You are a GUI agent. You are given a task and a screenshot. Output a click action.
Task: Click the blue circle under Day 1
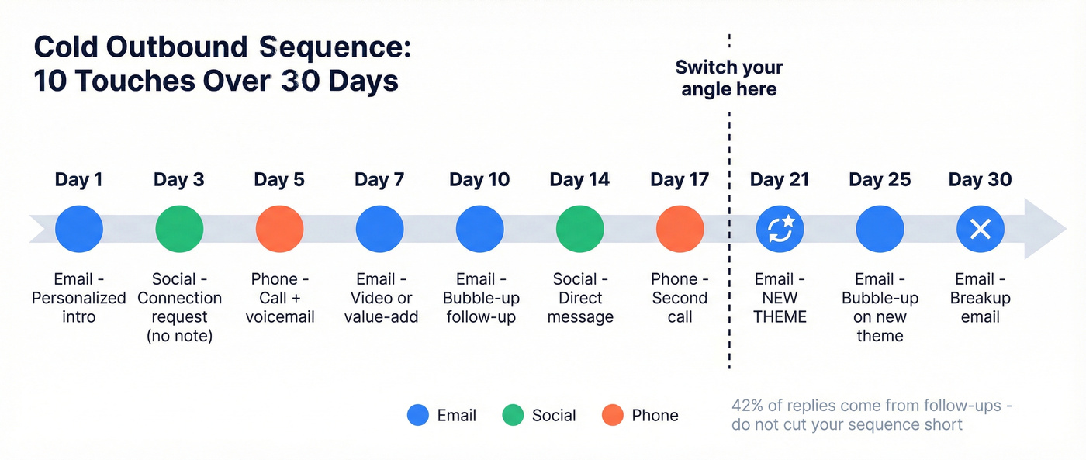79,229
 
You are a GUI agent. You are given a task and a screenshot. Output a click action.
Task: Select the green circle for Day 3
179,229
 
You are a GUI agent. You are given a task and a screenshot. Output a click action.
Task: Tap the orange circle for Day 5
279,229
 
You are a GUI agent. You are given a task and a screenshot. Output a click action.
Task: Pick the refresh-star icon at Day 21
780,229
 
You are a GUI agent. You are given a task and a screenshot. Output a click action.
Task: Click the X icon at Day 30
981,229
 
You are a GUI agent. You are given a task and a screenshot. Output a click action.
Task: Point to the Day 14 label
579,180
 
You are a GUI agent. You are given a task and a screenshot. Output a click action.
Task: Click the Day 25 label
880,180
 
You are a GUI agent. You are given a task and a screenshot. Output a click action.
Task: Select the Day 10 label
479,180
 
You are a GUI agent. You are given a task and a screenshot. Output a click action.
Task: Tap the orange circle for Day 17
680,229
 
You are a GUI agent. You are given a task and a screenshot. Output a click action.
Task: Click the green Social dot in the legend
514,415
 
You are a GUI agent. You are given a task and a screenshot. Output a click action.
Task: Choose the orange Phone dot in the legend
613,415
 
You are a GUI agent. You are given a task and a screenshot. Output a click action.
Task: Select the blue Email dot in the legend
418,415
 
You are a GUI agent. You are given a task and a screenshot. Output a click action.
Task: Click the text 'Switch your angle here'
728,78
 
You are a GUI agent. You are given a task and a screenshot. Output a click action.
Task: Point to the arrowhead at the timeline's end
1047,229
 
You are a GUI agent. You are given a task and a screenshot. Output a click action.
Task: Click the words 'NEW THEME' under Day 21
780,307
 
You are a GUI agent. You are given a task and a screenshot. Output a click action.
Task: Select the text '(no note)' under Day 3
179,336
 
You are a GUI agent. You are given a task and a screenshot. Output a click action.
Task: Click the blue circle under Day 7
379,229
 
